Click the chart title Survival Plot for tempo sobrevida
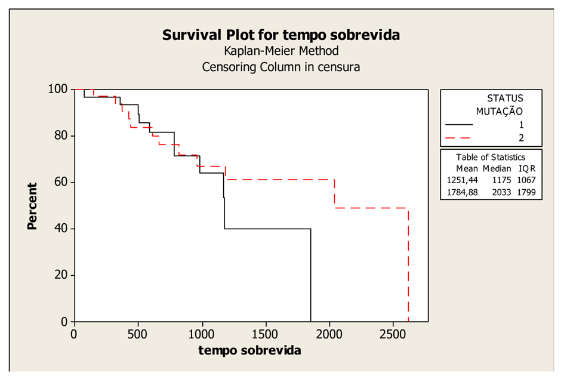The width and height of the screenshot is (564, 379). point(281,35)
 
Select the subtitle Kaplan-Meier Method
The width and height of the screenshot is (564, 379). point(281,51)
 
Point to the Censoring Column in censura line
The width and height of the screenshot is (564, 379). point(281,67)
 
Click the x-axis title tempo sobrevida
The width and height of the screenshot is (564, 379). point(249,350)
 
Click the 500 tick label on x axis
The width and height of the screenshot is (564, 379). point(138,332)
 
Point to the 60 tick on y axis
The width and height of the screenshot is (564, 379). point(61,182)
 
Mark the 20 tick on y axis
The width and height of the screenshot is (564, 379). point(61,275)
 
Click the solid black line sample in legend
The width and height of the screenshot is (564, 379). point(458,125)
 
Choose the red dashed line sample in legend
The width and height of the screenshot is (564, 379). point(458,138)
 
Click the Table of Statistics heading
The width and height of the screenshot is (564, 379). point(491,157)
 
